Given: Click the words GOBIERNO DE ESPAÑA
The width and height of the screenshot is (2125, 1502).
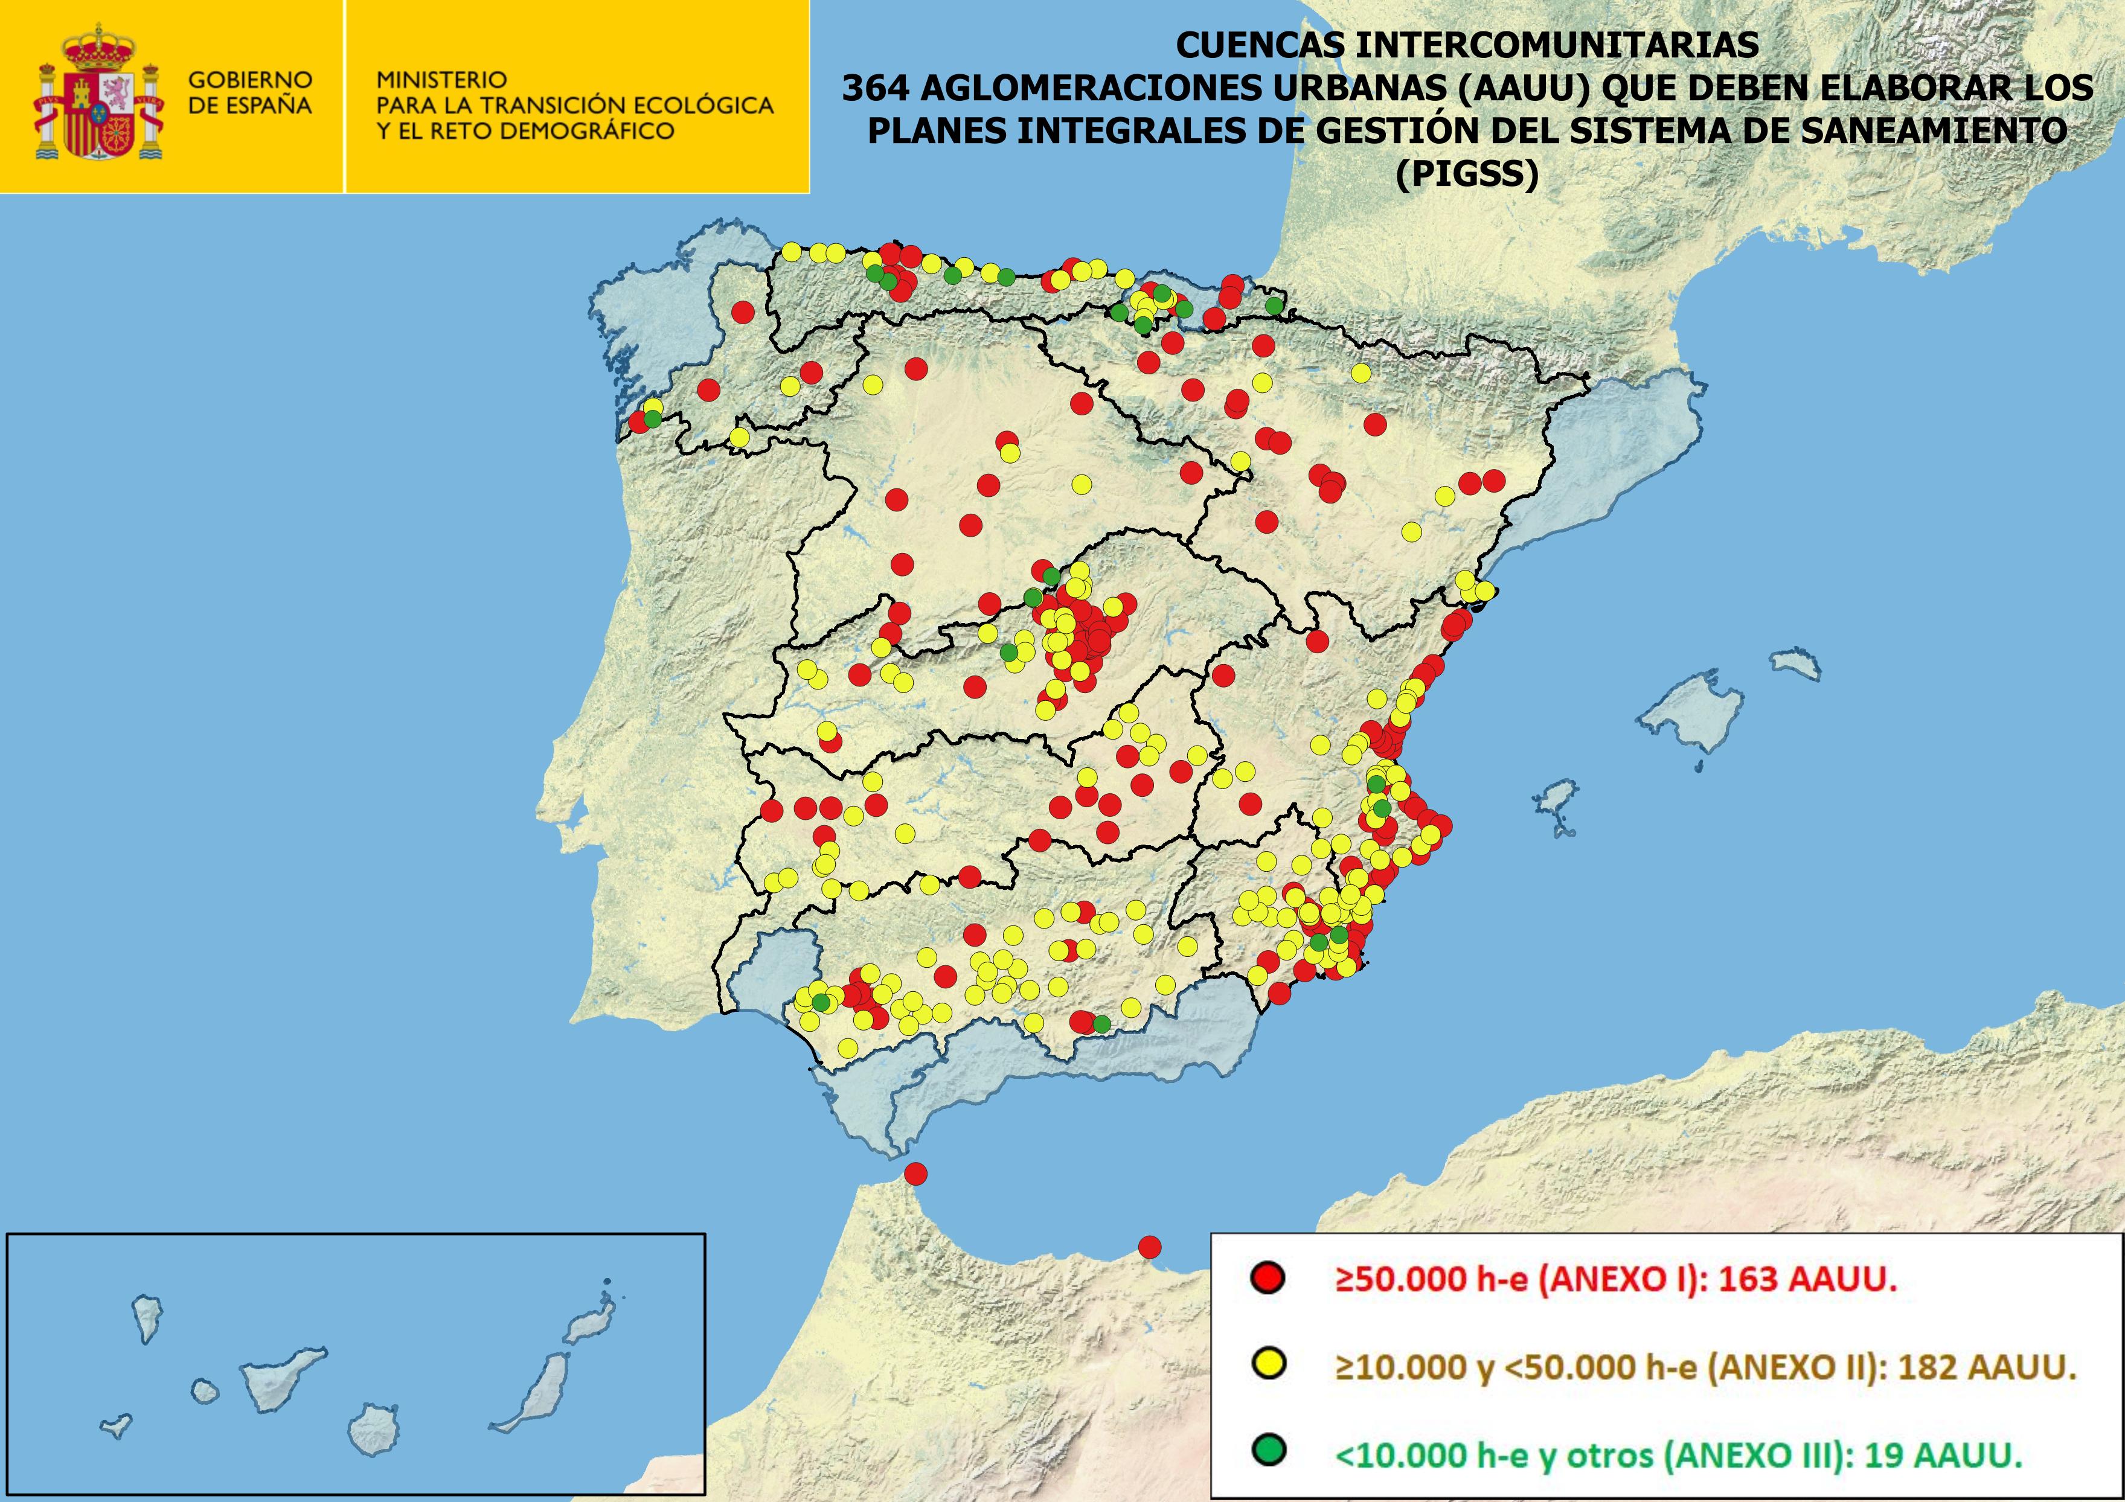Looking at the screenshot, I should [250, 92].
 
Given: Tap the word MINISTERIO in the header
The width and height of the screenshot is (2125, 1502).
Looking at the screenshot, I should [441, 80].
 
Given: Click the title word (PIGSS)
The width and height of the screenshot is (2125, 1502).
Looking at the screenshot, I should [1467, 173].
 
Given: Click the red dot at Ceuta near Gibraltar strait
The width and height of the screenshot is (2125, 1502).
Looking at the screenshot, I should [915, 1174].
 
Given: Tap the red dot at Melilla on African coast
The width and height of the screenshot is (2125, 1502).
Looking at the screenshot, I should [1150, 1247].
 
